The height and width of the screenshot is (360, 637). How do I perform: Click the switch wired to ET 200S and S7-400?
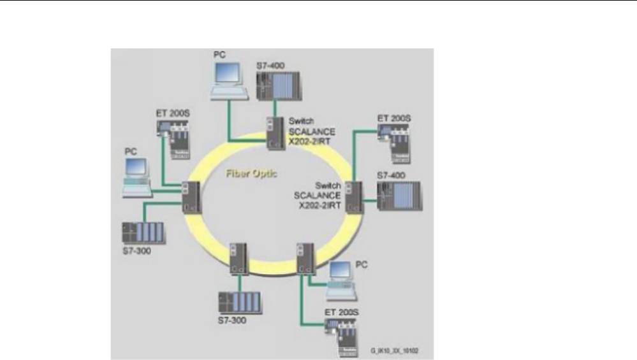(353, 196)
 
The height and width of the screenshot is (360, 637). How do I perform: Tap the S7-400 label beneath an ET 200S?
(390, 175)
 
